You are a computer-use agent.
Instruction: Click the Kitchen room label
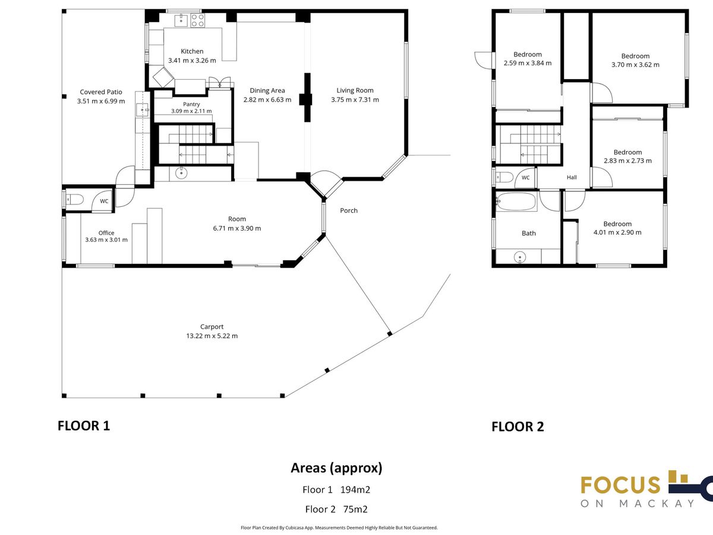192,51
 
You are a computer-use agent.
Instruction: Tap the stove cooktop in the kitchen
197,20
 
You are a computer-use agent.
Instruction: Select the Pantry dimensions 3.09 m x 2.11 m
191,111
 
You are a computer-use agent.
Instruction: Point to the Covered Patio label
101,92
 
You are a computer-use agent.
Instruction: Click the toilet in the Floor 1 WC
74,199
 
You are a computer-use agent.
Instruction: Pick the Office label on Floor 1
106,233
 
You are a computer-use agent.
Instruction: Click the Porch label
349,210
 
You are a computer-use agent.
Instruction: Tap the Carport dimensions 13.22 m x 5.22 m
212,336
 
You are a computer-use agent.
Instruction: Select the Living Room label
355,90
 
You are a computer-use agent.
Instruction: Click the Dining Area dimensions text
267,100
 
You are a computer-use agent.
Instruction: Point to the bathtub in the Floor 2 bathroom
516,202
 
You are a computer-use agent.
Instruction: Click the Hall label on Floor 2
572,177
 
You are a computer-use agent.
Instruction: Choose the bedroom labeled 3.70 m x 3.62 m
635,61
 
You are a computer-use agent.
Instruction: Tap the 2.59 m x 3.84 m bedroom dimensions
528,63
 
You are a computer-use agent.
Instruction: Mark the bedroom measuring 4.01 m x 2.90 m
617,228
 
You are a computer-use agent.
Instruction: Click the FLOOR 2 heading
518,426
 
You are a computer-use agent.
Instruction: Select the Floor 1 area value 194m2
355,489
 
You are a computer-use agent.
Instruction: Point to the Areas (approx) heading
336,468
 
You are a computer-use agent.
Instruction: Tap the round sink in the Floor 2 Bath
520,257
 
